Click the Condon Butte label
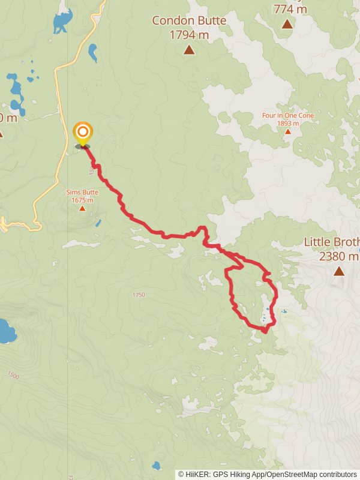point(189,21)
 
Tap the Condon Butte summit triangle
point(189,50)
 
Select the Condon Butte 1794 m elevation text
point(189,35)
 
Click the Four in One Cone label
point(288,115)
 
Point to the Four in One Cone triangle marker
point(288,131)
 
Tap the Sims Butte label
point(82,193)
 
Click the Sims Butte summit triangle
point(82,208)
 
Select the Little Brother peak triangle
point(339,271)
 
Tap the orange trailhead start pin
point(82,133)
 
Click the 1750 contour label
point(139,295)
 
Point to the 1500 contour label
point(13,375)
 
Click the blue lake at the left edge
point(6,331)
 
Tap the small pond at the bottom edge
point(157,465)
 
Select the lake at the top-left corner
point(61,22)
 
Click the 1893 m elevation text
point(288,123)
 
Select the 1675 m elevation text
point(82,200)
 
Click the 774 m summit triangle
point(287,24)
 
